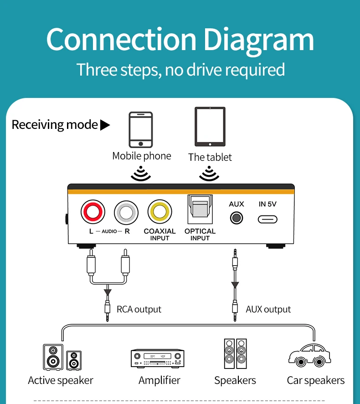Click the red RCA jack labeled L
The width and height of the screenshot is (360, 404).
pyautogui.click(x=93, y=212)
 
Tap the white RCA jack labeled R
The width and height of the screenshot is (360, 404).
pyautogui.click(x=126, y=213)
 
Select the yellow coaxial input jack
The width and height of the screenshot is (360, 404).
pyautogui.click(x=160, y=212)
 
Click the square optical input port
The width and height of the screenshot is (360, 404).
pyautogui.click(x=200, y=209)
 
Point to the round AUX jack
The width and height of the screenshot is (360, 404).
pyautogui.click(x=237, y=218)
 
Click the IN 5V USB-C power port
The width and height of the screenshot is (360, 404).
pyautogui.click(x=267, y=220)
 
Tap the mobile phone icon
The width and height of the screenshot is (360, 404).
pyautogui.click(x=141, y=130)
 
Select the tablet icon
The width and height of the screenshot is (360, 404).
pyautogui.click(x=210, y=127)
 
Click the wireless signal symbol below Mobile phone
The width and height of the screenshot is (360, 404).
pyautogui.click(x=141, y=174)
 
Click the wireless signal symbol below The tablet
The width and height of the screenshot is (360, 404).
pyautogui.click(x=209, y=174)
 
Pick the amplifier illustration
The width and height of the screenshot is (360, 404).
pyautogui.click(x=158, y=358)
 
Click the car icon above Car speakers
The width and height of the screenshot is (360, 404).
pyautogui.click(x=309, y=355)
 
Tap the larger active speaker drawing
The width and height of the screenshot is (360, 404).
pyautogui.click(x=53, y=357)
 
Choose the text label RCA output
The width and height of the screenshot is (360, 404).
pyautogui.click(x=139, y=309)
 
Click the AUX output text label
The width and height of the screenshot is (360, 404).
pyautogui.click(x=268, y=309)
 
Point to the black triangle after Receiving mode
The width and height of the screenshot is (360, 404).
pyautogui.click(x=105, y=125)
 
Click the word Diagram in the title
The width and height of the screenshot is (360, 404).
pyautogui.click(x=259, y=40)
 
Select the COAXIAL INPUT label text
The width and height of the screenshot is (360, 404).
pyautogui.click(x=160, y=235)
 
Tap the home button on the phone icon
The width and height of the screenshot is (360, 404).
pyautogui.click(x=141, y=144)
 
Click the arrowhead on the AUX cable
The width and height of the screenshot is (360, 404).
pyautogui.click(x=235, y=285)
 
